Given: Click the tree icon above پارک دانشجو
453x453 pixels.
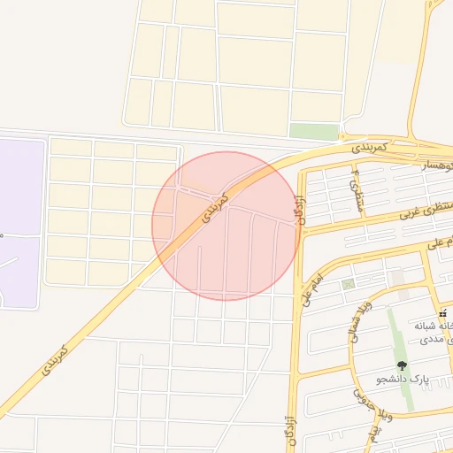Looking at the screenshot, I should point(403,365).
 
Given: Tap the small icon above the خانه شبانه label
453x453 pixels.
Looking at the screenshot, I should point(441,314).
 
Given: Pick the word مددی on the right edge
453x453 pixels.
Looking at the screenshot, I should point(439,341).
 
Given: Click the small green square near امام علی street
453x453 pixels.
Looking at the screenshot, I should point(349,284).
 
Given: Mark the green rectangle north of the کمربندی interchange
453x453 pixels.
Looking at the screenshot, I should point(314,131).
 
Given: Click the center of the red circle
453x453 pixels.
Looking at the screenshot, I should point(226,226).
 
